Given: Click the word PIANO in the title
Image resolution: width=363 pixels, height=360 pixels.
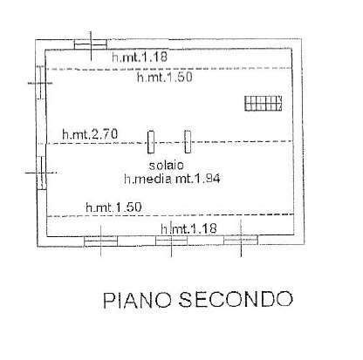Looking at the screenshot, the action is (137, 299).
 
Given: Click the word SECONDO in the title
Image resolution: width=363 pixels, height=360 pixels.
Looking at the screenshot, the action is (236, 299).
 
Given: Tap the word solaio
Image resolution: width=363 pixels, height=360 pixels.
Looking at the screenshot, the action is (167, 165).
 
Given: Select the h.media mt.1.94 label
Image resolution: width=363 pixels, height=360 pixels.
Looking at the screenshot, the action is (172, 179).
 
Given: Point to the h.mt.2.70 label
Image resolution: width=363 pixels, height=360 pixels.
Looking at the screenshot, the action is (90, 134).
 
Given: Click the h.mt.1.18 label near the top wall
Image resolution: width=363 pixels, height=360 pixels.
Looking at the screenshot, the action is (140, 57).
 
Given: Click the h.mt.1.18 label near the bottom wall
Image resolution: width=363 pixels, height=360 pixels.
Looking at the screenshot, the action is (188, 228).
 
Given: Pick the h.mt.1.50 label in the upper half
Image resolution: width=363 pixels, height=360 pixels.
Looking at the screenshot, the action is (165, 77).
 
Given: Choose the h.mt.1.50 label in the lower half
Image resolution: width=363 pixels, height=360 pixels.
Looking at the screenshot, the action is (113, 207).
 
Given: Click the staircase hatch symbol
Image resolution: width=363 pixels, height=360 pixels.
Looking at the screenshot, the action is (264, 103).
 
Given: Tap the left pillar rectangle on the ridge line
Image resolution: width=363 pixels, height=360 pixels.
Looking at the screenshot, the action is (151, 142).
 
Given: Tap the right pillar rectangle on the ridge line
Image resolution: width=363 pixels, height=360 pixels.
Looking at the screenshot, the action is (188, 141).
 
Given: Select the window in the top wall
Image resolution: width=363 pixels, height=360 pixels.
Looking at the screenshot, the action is (91, 44).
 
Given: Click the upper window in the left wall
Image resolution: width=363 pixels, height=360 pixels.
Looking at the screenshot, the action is (40, 83).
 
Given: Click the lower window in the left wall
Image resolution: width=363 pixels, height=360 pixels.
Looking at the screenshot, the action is (42, 173).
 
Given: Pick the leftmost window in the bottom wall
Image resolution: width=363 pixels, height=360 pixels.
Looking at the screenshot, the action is (100, 241).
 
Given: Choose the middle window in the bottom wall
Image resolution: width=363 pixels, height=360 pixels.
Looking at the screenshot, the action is (171, 241).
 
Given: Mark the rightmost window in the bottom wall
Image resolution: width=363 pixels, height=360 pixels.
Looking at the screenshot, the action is (241, 240).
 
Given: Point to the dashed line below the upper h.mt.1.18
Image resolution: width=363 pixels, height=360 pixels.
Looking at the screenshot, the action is (169, 69).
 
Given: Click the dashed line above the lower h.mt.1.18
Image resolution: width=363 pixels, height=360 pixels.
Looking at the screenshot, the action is (170, 215).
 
